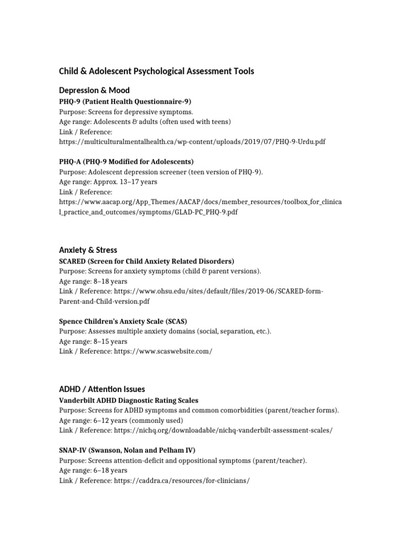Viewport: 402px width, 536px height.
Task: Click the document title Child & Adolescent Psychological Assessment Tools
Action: (157, 71)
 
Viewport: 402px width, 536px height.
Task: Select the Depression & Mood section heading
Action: (94, 91)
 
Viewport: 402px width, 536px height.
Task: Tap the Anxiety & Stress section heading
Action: (88, 250)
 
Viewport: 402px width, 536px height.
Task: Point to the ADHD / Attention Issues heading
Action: (102, 389)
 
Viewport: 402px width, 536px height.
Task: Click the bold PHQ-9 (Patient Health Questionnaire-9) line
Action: (125, 101)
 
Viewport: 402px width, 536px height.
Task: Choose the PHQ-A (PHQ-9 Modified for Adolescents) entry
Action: (126, 161)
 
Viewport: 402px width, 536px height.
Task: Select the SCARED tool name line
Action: (147, 261)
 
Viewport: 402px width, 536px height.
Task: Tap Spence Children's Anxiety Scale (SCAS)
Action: (123, 321)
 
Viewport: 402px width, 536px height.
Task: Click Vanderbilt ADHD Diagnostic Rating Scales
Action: (129, 400)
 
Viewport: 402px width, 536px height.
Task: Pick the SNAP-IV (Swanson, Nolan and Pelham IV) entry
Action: (127, 450)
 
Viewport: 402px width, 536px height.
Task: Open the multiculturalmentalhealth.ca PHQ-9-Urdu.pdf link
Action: (192, 142)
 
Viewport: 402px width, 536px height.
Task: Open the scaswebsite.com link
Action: (162, 351)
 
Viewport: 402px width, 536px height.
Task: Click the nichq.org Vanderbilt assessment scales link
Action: (222, 430)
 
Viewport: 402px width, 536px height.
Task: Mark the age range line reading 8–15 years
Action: (93, 341)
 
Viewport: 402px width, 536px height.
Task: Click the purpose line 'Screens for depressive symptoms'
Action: (126, 111)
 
